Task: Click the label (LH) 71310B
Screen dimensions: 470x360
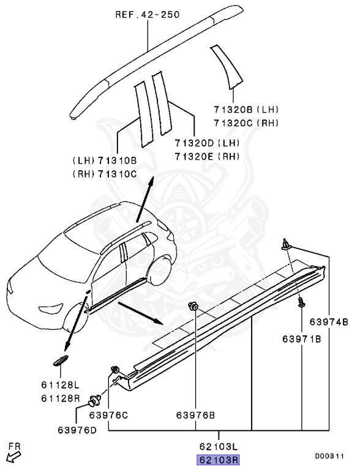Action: coord(104,162)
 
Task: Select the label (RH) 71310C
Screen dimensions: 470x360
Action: coord(104,174)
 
